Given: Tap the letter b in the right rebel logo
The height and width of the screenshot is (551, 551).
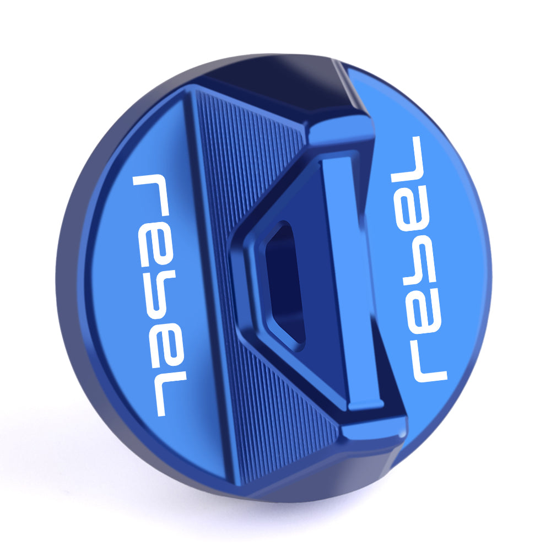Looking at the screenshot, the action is (418, 260).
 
